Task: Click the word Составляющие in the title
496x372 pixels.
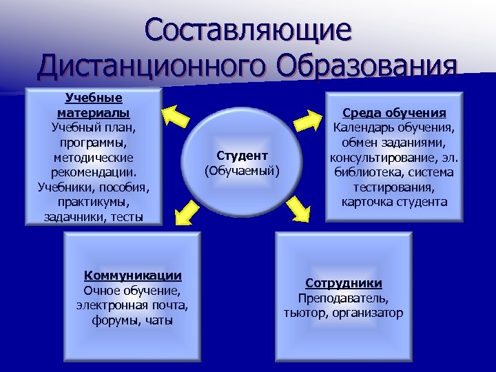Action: [248, 31]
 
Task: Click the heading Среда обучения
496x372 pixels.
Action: [395, 113]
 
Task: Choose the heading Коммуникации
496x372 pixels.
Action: [132, 276]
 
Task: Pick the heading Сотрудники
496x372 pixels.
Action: [344, 283]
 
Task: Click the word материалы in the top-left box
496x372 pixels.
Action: [94, 112]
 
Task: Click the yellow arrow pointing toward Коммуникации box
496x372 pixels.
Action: [183, 213]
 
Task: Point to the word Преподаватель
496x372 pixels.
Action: [343, 298]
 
